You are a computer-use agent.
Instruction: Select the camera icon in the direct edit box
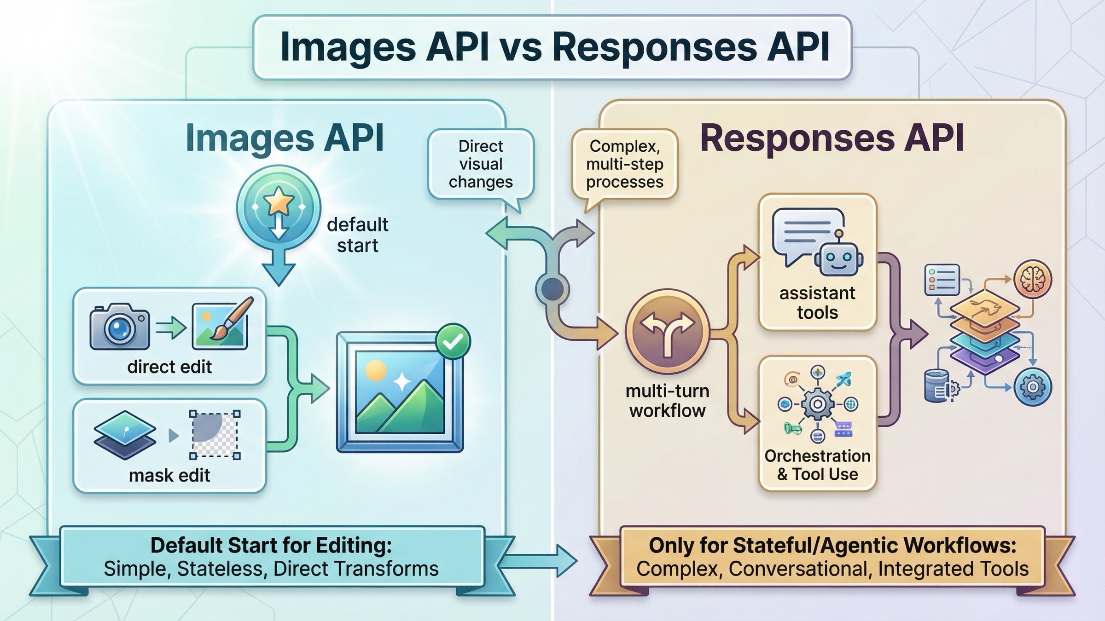[x=120, y=327]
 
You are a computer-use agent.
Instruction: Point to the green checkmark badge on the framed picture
[x=453, y=341]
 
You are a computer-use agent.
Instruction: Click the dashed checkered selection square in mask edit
[x=215, y=435]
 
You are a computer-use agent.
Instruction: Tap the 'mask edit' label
[x=169, y=475]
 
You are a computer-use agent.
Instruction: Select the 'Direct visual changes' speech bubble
[x=480, y=164]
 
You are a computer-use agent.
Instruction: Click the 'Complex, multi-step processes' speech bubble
[x=624, y=164]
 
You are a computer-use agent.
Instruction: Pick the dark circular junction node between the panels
[x=552, y=289]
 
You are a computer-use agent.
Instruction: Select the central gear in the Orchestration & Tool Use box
[x=817, y=404]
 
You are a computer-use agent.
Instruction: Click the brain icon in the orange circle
[x=1033, y=279]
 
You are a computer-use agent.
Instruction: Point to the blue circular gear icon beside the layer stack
[x=1032, y=387]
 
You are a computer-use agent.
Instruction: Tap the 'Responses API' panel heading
[x=832, y=138]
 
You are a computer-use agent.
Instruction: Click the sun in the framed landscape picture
[x=376, y=371]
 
